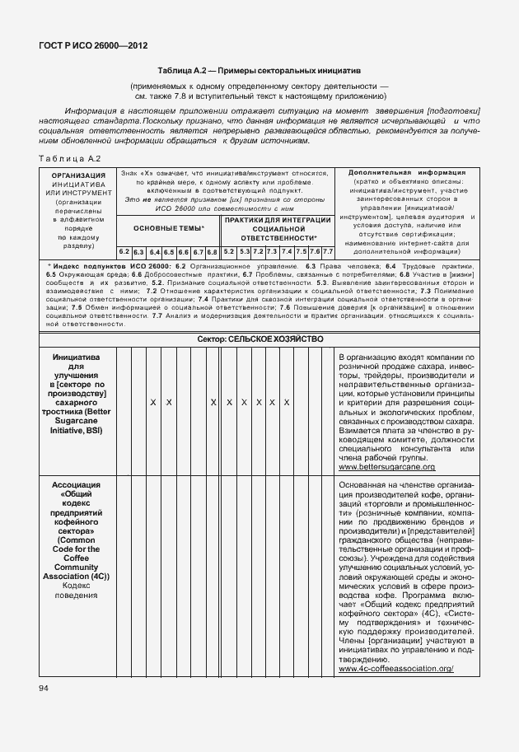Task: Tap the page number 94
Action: (x=43, y=687)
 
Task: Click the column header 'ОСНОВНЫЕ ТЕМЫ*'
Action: (x=168, y=227)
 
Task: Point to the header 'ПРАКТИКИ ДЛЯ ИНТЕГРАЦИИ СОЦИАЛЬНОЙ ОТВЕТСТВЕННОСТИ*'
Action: (x=278, y=227)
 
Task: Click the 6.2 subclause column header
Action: (x=124, y=251)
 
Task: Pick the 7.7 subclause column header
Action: (x=327, y=251)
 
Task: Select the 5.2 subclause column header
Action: (x=229, y=251)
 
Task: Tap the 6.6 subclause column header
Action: (x=183, y=251)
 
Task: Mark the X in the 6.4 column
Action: (x=153, y=402)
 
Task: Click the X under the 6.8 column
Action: (x=213, y=402)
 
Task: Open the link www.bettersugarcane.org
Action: (x=381, y=467)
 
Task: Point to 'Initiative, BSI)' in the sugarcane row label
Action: (x=77, y=429)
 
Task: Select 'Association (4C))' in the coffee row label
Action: (x=77, y=576)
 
